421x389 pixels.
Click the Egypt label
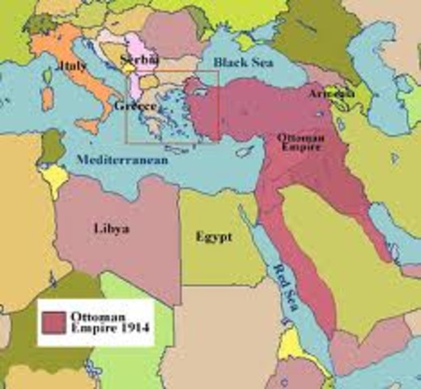coord(214,237)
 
